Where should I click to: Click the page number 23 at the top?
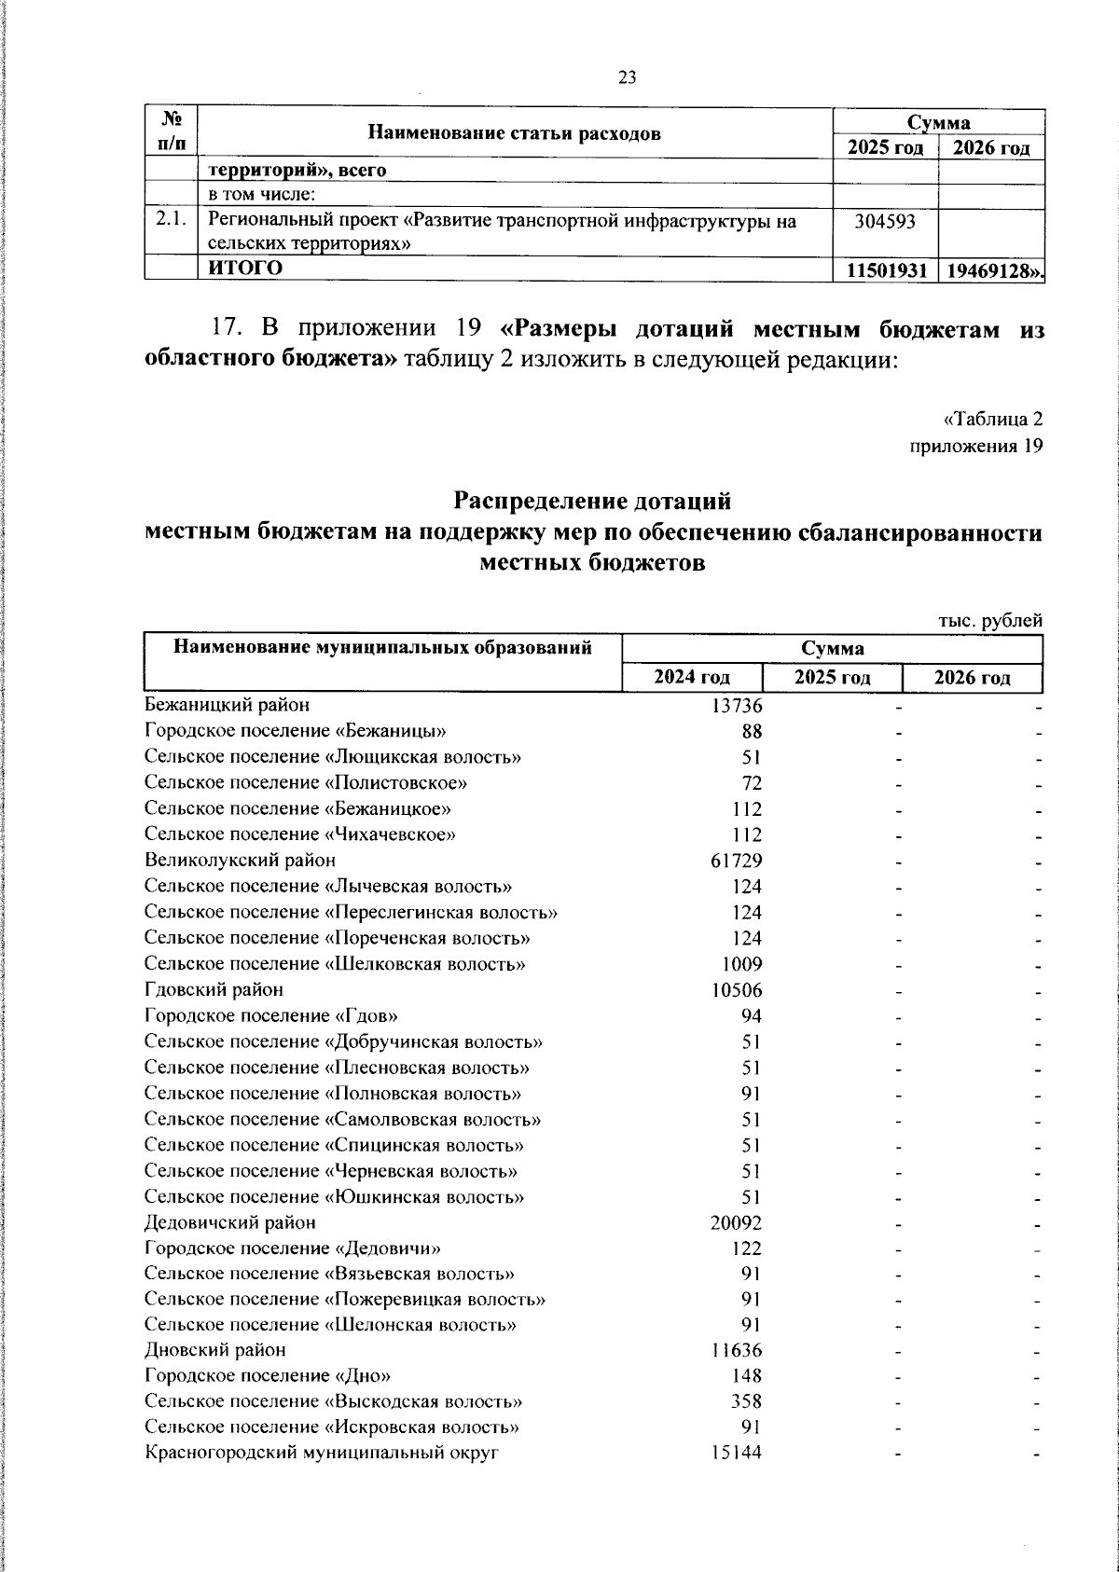[627, 77]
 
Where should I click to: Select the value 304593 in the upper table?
[885, 222]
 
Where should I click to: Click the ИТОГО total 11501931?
[886, 270]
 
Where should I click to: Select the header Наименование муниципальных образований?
[383, 647]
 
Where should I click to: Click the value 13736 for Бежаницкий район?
[737, 706]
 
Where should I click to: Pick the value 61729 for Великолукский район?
[737, 861]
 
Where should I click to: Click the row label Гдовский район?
[214, 989]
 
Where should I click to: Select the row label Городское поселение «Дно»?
[269, 1376]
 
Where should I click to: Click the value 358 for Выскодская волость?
[746, 1401]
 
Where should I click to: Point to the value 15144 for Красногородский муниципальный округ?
[737, 1453]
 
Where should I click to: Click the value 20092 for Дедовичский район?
[737, 1222]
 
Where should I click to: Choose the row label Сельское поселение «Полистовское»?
[306, 783]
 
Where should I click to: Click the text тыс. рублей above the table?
[990, 621]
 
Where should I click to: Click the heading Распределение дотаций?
[592, 502]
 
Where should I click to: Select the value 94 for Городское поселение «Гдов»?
[751, 1015]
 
